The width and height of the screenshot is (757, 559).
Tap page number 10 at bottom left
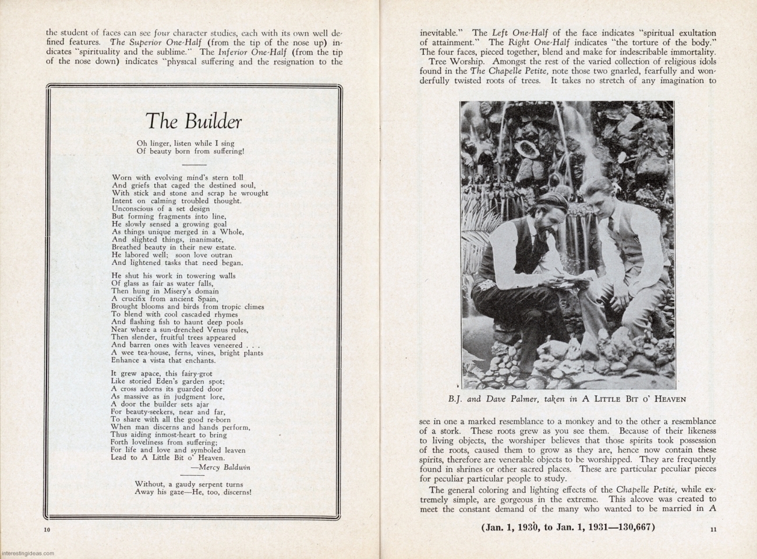click(x=47, y=529)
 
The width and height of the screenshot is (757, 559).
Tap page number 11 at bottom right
click(x=713, y=529)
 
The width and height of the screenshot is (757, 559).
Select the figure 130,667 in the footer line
click(x=636, y=528)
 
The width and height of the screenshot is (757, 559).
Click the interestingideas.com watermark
click(x=27, y=554)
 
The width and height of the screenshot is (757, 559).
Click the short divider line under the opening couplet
click(x=194, y=165)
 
